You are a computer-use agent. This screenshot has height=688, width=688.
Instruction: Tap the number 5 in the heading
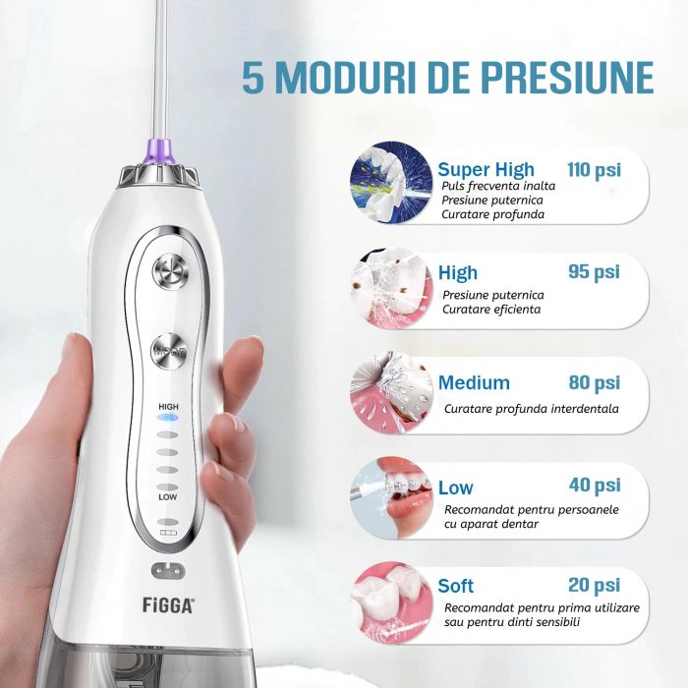point(254,79)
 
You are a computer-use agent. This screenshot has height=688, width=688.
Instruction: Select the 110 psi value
point(595,170)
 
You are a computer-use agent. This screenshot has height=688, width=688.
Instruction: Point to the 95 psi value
point(595,272)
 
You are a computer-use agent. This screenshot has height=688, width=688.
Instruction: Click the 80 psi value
point(595,382)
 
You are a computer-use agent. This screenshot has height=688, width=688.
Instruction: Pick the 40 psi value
point(595,486)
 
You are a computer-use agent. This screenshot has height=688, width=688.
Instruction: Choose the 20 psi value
point(595,586)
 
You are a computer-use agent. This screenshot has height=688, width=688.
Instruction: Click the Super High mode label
point(487,170)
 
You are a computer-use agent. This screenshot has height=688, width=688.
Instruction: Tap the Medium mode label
point(474,383)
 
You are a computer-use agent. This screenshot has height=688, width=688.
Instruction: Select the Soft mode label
point(456,587)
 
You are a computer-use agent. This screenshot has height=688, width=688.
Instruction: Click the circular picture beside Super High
point(391,183)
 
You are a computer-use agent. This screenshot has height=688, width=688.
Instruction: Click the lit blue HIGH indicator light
point(168,417)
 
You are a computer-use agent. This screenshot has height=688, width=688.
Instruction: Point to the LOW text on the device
point(168,497)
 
